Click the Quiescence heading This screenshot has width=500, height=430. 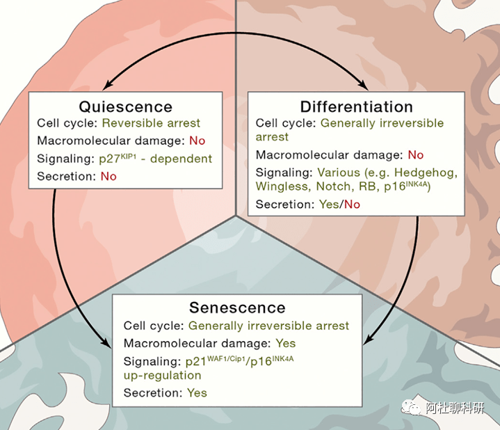tap(126, 107)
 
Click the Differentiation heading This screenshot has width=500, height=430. tap(356, 107)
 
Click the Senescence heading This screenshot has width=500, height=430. tap(237, 308)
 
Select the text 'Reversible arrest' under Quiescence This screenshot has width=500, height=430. tap(151, 123)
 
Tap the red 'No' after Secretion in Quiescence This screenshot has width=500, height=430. tap(108, 177)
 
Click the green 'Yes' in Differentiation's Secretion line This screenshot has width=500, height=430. tap(330, 205)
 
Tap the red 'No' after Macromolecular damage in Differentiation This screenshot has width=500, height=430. tap(416, 155)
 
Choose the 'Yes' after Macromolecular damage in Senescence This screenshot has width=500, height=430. tap(286, 343)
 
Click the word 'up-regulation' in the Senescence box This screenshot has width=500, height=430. tap(162, 376)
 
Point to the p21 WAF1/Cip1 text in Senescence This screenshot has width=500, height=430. tap(216, 361)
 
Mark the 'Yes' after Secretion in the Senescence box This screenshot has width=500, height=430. tap(197, 393)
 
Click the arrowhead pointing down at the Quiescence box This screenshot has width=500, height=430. tap(108, 85)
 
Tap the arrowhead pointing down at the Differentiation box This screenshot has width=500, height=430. tap(362, 85)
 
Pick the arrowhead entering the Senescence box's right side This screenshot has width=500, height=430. tap(368, 340)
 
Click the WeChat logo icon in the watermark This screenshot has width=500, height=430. tap(412, 407)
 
